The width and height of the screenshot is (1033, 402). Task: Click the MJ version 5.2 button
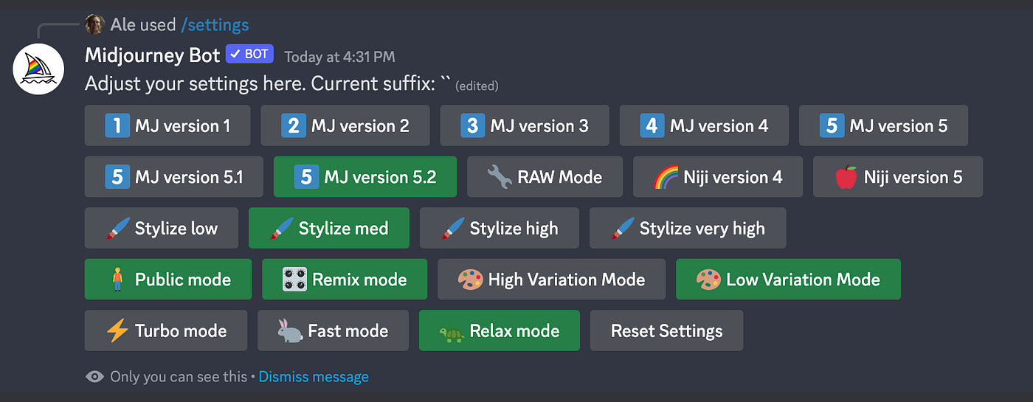pyautogui.click(x=365, y=176)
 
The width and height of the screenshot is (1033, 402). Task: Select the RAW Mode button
pyautogui.click(x=545, y=176)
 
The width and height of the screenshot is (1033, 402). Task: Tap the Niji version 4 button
pyautogui.click(x=717, y=176)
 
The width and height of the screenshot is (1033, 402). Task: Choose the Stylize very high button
pyautogui.click(x=688, y=228)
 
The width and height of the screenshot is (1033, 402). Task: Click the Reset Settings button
pyautogui.click(x=666, y=330)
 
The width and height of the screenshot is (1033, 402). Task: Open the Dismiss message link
pyautogui.click(x=314, y=377)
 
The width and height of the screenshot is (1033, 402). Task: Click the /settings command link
pyautogui.click(x=215, y=24)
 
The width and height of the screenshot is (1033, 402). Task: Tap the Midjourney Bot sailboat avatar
pyautogui.click(x=38, y=69)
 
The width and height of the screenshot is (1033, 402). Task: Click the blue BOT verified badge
pyautogui.click(x=249, y=54)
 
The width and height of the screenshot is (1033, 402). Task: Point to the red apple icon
pyautogui.click(x=846, y=177)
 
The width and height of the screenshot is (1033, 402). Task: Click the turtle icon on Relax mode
pyautogui.click(x=452, y=333)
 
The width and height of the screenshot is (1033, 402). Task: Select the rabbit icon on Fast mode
pyautogui.click(x=289, y=330)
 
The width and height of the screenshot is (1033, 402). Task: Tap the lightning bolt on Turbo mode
pyautogui.click(x=117, y=330)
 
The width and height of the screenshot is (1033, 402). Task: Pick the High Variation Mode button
pyautogui.click(x=552, y=279)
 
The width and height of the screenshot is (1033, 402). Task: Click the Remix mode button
pyautogui.click(x=345, y=279)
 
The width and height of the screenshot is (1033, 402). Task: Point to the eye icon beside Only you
pyautogui.click(x=94, y=377)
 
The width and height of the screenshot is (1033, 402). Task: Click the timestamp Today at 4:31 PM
pyautogui.click(x=339, y=57)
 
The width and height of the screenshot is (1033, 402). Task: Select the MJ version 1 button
pyautogui.click(x=167, y=125)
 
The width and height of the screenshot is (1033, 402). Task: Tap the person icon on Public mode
pyautogui.click(x=117, y=279)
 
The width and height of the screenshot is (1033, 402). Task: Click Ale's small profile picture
pyautogui.click(x=94, y=24)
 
